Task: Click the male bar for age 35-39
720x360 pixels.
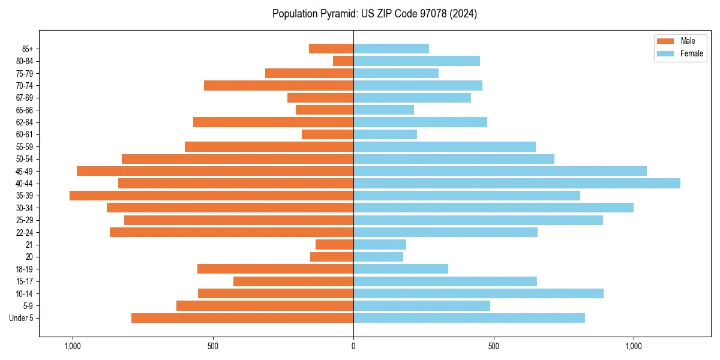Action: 211,196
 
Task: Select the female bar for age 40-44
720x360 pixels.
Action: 517,183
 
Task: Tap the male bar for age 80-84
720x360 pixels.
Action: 343,61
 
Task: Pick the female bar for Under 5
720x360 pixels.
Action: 469,318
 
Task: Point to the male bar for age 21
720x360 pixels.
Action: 334,244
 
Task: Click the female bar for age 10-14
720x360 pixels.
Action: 478,293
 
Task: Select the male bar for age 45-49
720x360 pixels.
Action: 215,171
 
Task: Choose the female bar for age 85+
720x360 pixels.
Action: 391,49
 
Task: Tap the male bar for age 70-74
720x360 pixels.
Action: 278,85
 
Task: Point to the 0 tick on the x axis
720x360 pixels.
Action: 353,346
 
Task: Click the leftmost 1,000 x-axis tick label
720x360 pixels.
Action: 72,346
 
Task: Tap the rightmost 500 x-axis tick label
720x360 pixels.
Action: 493,346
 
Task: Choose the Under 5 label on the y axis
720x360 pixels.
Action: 22,318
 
